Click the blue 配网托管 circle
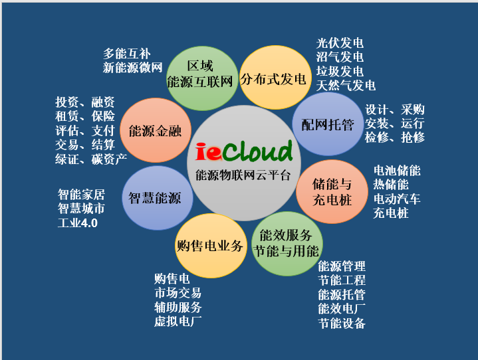coord(326,124)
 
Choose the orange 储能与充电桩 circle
coord(332,191)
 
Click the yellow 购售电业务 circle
coord(209,245)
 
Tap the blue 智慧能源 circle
coord(154,197)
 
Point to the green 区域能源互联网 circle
coord(200,74)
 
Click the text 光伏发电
coord(340,43)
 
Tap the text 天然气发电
coord(346,85)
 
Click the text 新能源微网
coord(133,67)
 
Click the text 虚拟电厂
coord(178,321)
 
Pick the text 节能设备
coord(342,323)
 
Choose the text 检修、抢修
coord(395,137)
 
